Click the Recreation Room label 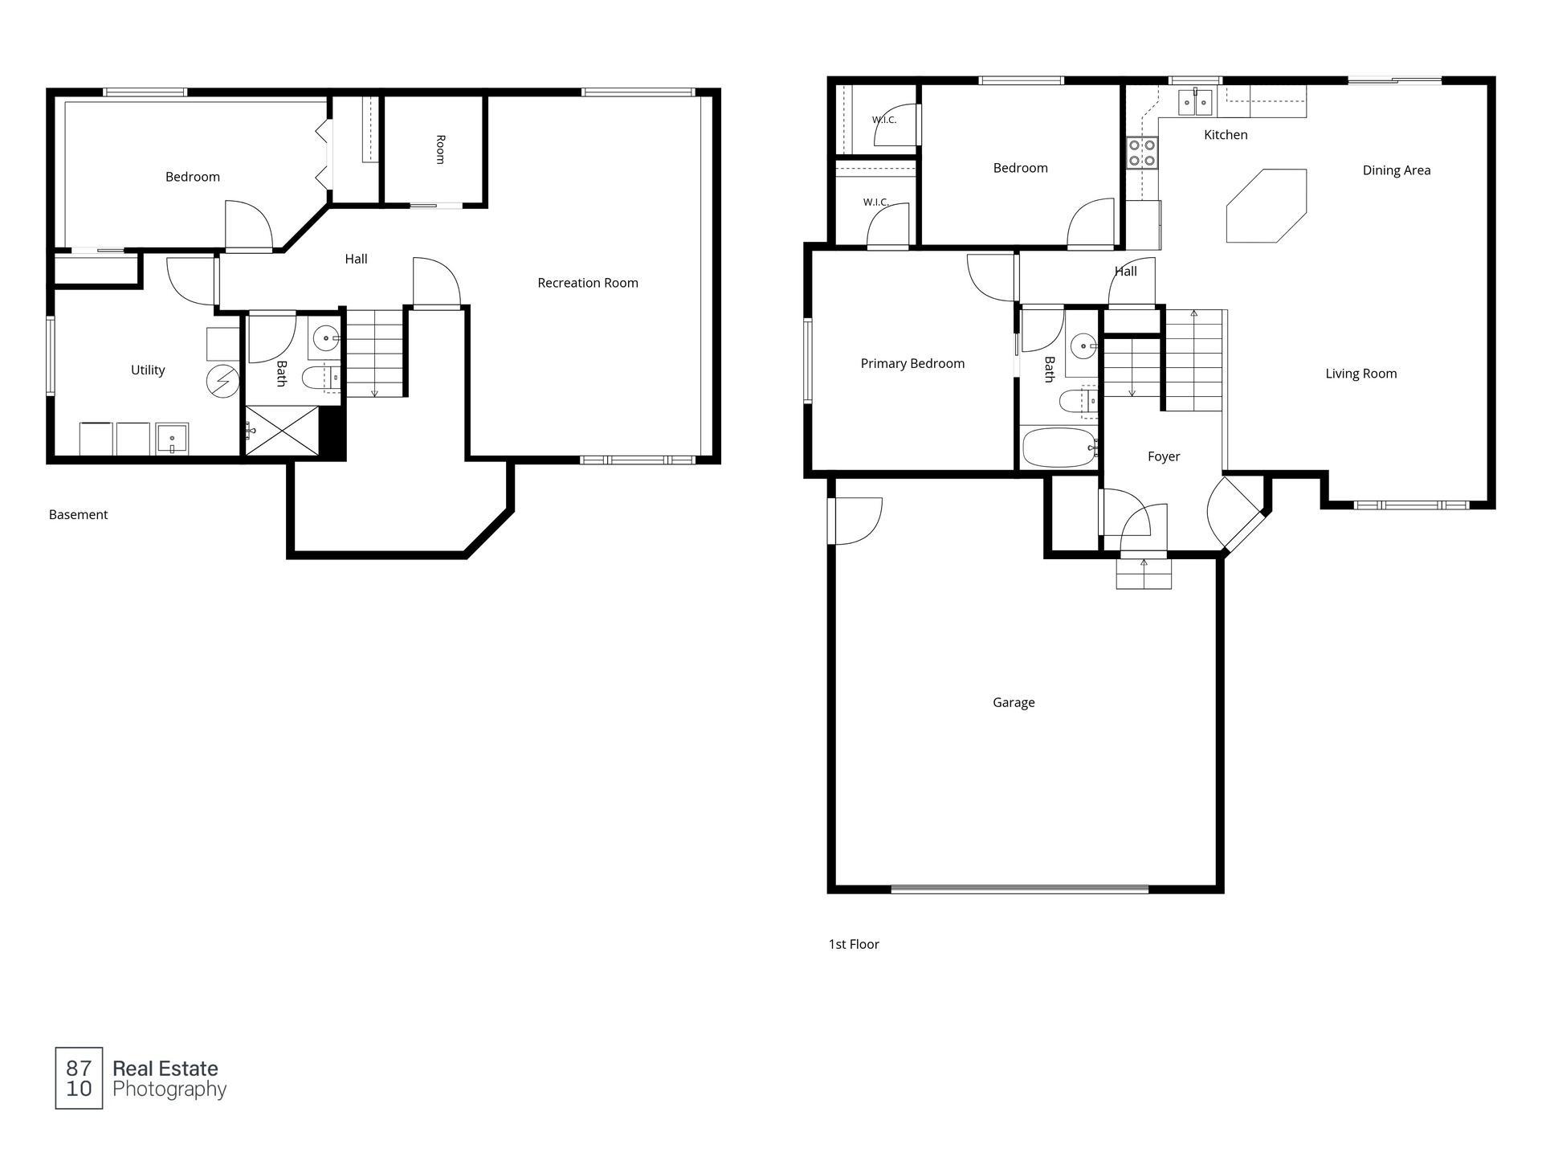pyautogui.click(x=588, y=283)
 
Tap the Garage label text pyautogui.click(x=1014, y=702)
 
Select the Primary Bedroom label pyautogui.click(x=912, y=364)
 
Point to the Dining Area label pyautogui.click(x=1397, y=170)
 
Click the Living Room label pyautogui.click(x=1361, y=374)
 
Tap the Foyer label pyautogui.click(x=1164, y=456)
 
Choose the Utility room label pyautogui.click(x=148, y=370)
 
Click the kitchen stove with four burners pyautogui.click(x=1143, y=153)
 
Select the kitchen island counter pyautogui.click(x=1266, y=206)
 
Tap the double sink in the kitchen pyautogui.click(x=1196, y=102)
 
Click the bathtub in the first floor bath pyautogui.click(x=1059, y=448)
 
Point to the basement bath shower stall pyautogui.click(x=282, y=431)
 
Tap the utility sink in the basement pyautogui.click(x=172, y=439)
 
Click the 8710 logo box pyautogui.click(x=79, y=1078)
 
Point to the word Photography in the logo pyautogui.click(x=169, y=1090)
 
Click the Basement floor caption pyautogui.click(x=78, y=515)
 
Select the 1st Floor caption pyautogui.click(x=854, y=945)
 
